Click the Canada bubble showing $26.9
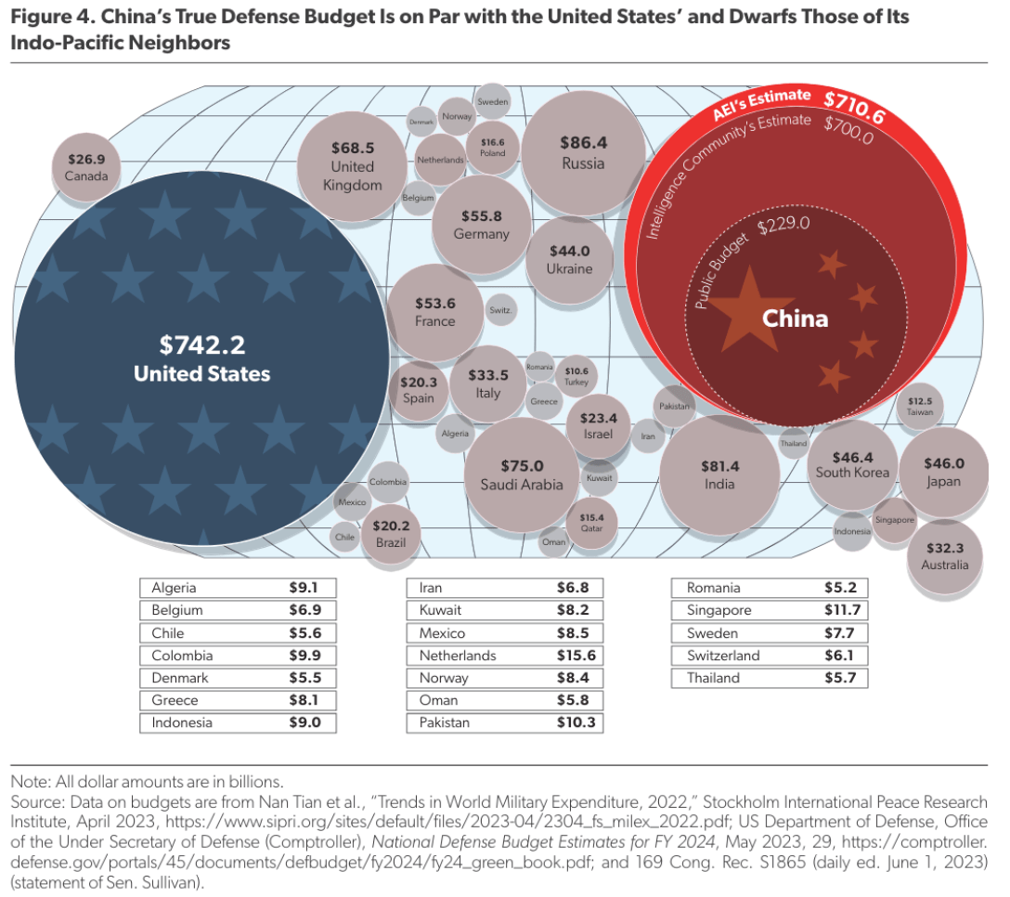(86, 166)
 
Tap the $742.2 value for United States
(201, 345)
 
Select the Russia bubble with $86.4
(583, 152)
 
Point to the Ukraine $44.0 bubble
(569, 259)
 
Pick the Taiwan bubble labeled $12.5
(920, 405)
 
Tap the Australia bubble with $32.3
(944, 556)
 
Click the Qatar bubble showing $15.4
(591, 522)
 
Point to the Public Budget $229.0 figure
(783, 224)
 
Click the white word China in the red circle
(795, 318)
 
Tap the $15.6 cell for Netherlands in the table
(576, 656)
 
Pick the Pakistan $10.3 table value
(576, 722)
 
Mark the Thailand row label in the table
(713, 678)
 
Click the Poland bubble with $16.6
(492, 147)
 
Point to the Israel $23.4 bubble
(599, 426)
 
